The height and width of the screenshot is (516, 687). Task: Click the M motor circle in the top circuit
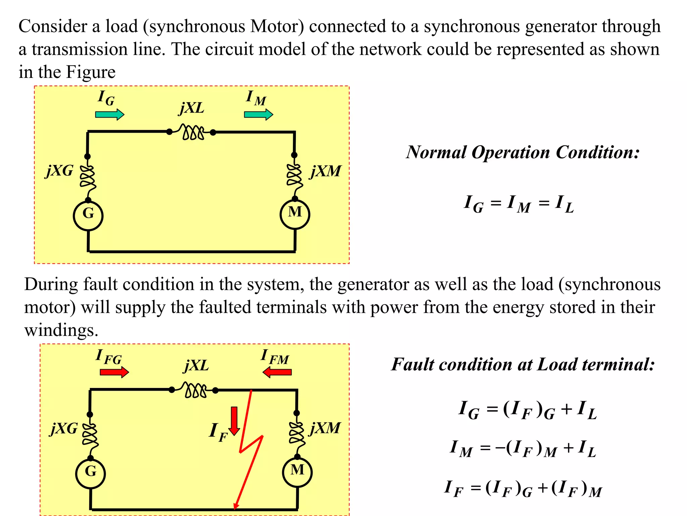click(x=295, y=214)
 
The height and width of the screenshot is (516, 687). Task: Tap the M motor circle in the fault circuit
click(x=297, y=472)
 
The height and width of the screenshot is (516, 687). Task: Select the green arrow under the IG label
click(x=110, y=115)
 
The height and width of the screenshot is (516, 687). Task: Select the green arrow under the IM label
click(x=258, y=115)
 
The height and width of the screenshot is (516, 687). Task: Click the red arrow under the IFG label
click(x=114, y=372)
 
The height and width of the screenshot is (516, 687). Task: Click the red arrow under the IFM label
click(x=277, y=372)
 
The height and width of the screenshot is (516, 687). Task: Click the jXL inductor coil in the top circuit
click(x=192, y=132)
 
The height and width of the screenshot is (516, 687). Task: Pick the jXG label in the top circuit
click(x=59, y=171)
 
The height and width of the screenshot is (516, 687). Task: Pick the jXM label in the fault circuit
click(x=325, y=428)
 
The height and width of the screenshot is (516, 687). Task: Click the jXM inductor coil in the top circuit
click(x=294, y=175)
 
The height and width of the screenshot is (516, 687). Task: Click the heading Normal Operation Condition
click(x=523, y=153)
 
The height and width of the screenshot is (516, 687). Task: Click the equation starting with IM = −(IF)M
click(x=523, y=448)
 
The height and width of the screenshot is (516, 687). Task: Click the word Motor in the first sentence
click(x=277, y=27)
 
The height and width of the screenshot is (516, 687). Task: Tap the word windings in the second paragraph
click(x=61, y=330)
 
